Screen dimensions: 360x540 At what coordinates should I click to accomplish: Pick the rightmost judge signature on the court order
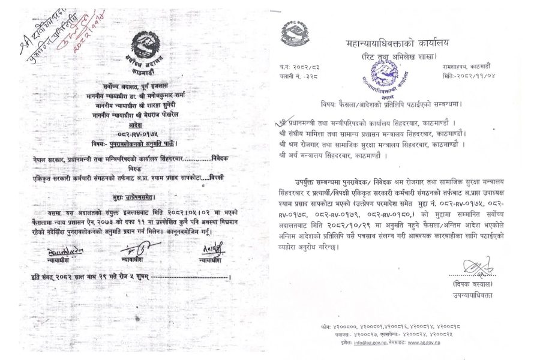tap(211, 248)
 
